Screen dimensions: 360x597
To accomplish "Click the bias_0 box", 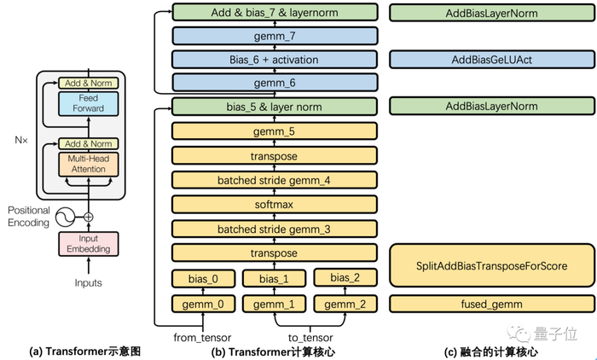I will [x=203, y=278].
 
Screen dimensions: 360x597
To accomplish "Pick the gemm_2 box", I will [x=345, y=304].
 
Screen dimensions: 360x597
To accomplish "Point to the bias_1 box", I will [x=274, y=278].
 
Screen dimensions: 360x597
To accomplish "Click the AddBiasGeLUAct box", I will [x=490, y=59].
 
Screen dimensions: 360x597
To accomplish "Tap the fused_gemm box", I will [x=490, y=304].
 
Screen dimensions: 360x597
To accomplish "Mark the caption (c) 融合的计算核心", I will [x=490, y=351].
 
